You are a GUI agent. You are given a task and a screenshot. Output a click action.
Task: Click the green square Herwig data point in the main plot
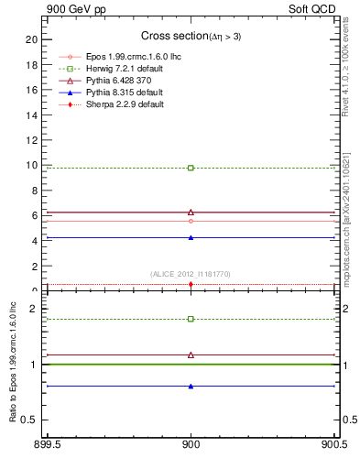pyautogui.click(x=191, y=168)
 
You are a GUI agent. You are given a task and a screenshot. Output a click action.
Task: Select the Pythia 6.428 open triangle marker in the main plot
pyautogui.click(x=191, y=212)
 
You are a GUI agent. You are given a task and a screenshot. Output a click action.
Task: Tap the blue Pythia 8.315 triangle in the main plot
pyautogui.click(x=191, y=237)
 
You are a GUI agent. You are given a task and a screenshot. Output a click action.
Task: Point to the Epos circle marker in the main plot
pyautogui.click(x=191, y=221)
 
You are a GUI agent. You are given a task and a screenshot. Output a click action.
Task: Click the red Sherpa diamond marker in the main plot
pyautogui.click(x=191, y=284)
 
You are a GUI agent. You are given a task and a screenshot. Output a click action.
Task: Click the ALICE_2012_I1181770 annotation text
pyautogui.click(x=191, y=274)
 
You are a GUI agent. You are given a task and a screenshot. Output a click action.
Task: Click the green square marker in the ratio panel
pyautogui.click(x=191, y=319)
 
